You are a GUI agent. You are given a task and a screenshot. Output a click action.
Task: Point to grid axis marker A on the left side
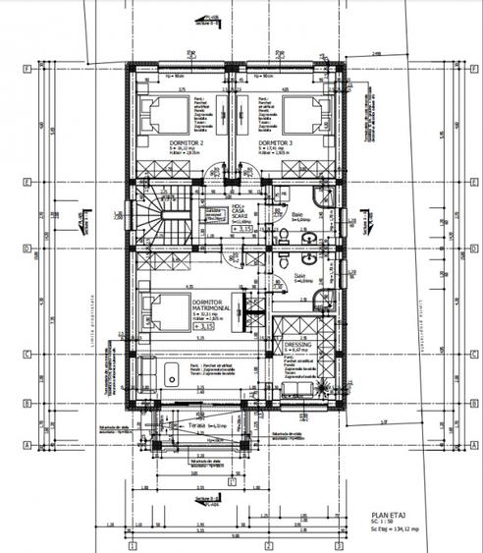23,444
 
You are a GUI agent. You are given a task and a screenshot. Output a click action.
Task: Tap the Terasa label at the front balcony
204,425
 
